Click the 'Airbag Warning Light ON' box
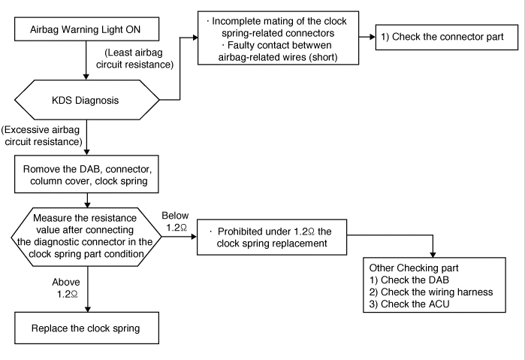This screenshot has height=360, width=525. click(86, 29)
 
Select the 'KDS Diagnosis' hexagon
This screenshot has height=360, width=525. click(86, 100)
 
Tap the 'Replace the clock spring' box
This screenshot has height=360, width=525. click(86, 328)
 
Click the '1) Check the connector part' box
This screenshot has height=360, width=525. click(447, 37)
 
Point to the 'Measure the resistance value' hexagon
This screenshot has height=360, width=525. click(86, 237)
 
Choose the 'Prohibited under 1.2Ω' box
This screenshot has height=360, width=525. click(272, 237)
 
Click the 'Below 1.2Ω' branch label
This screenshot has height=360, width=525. click(176, 222)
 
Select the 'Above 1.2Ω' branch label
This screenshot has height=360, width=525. click(66, 288)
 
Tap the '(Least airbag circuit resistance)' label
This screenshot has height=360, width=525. click(134, 59)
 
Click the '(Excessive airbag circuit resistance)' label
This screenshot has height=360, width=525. click(42, 135)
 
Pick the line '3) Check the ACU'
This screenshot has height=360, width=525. click(409, 304)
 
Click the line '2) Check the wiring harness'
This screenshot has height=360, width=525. click(431, 292)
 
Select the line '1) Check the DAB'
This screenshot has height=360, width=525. click(409, 280)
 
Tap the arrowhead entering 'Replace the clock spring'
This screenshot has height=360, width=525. click(87, 309)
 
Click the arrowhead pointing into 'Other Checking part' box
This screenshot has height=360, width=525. click(433, 255)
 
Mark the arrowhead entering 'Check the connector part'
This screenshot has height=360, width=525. click(372, 37)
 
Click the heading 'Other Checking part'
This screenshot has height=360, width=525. click(414, 268)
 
